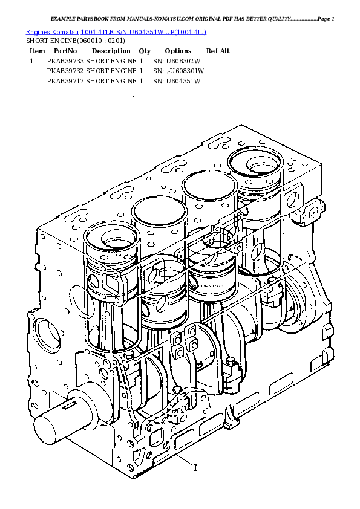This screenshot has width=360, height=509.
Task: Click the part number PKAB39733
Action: pos(65,61)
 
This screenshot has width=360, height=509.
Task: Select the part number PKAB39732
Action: pos(65,71)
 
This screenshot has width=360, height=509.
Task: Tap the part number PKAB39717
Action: pos(65,80)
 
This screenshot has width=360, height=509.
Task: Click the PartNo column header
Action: pos(65,51)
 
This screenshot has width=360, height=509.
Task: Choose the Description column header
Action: pos(111,51)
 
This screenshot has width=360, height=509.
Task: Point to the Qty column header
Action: pos(145,51)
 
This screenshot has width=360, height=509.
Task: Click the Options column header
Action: pos(178,51)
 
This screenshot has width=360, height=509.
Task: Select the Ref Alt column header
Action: pos(218,51)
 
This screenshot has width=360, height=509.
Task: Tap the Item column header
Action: pos(38,51)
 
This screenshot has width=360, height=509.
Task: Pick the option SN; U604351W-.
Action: pos(178,80)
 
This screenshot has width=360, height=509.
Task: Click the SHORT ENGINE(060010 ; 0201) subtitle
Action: pos(75,41)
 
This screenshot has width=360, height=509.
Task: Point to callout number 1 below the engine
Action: pos(195,467)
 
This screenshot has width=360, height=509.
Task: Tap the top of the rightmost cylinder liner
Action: pos(255,161)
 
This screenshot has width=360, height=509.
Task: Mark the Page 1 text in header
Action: pos(326,19)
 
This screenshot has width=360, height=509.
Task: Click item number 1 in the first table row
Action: pos(31,61)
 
